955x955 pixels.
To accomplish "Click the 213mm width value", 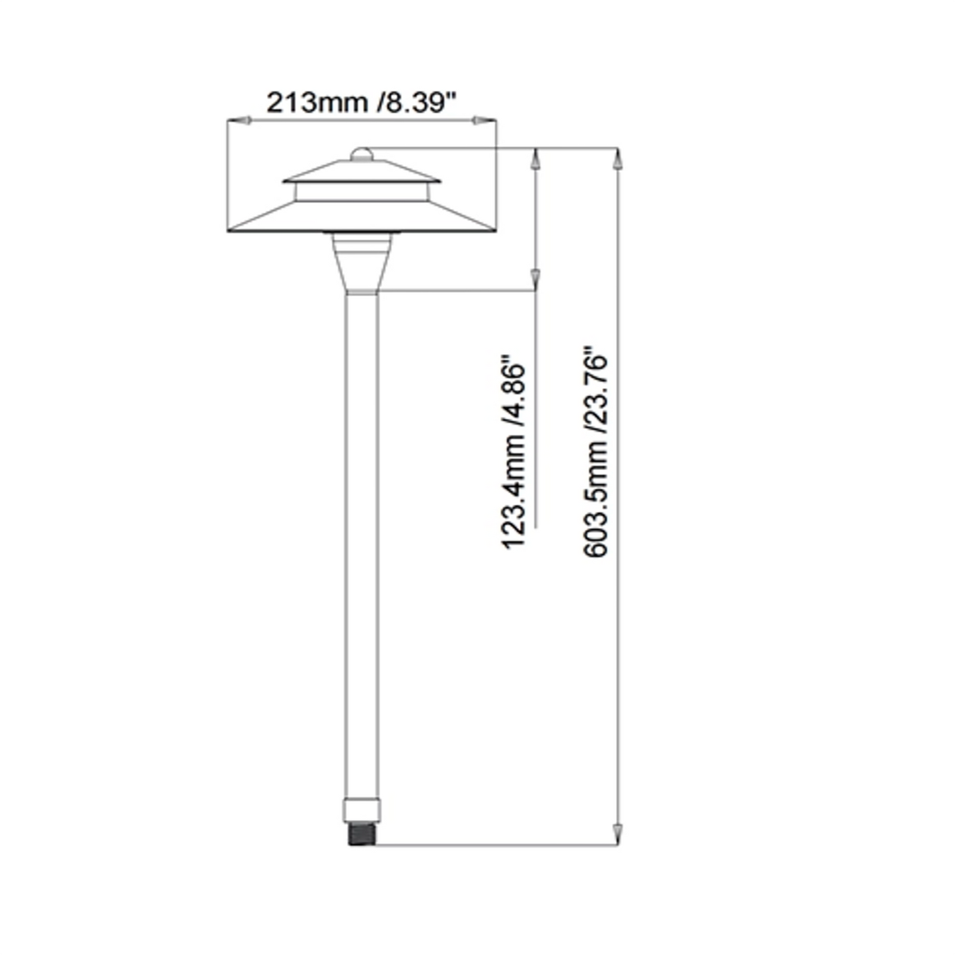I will [317, 102].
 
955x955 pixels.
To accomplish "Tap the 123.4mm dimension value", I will [514, 492].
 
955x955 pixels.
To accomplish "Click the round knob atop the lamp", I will [361, 154].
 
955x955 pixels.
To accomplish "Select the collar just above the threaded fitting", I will [362, 810].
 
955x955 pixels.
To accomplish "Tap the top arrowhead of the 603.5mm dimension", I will [618, 159].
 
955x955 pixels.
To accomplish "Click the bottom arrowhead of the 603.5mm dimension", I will [618, 834].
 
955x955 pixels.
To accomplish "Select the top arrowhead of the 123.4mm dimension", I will [536, 159].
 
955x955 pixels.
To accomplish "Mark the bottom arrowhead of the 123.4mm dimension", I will [536, 280].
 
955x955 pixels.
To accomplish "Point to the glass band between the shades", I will [361, 192].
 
